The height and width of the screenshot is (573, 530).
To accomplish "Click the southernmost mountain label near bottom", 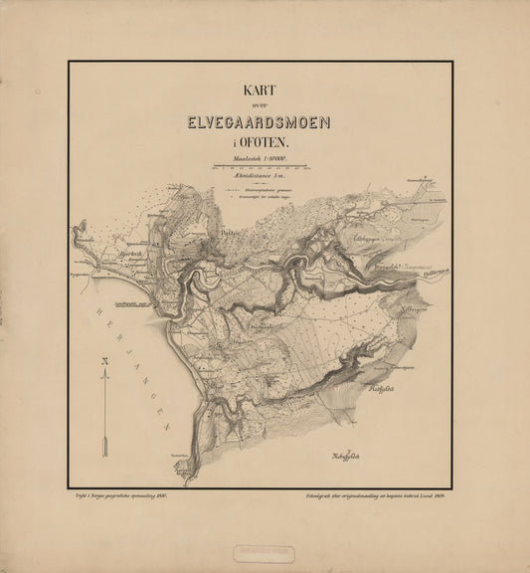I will click(345, 457).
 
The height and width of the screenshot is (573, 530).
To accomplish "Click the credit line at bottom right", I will click(369, 491).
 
